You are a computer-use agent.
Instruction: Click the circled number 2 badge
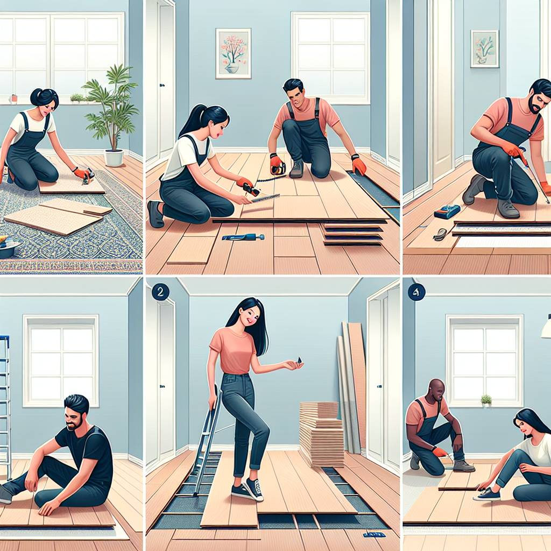pyautogui.click(x=160, y=292)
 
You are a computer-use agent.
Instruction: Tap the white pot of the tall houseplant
pyautogui.click(x=114, y=158)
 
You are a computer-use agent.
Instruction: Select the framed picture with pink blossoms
pyautogui.click(x=234, y=53)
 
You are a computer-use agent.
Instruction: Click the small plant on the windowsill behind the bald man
pyautogui.click(x=486, y=400)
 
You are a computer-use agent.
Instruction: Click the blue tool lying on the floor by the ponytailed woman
pyautogui.click(x=243, y=237)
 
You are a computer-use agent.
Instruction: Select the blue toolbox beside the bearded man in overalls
pyautogui.click(x=447, y=212)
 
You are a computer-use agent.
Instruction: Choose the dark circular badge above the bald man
pyautogui.click(x=416, y=292)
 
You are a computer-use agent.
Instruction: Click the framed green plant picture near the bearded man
pyautogui.click(x=484, y=48)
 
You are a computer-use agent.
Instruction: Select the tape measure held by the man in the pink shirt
pyautogui.click(x=277, y=167)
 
